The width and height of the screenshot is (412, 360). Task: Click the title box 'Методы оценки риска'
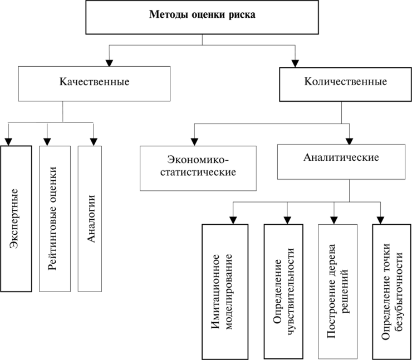point(202,17)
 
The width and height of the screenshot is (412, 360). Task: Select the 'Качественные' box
point(94,83)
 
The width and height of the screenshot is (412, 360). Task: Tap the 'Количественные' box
point(345,84)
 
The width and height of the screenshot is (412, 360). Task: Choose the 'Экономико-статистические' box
point(198,168)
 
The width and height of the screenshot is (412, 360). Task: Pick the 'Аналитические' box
point(341,162)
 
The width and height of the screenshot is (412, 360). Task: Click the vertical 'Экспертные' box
point(16,219)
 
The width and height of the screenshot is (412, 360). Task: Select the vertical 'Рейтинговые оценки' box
point(55,219)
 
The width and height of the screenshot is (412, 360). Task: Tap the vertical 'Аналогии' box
point(90,219)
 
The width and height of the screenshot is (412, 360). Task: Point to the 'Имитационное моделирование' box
point(225,292)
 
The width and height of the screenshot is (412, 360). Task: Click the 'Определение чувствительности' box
point(283,292)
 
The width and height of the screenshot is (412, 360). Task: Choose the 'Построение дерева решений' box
point(337,292)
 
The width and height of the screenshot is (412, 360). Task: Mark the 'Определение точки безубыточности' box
point(391,292)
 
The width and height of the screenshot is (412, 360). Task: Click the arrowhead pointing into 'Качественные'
point(109,63)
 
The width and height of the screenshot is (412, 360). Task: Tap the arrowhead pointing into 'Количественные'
point(295,64)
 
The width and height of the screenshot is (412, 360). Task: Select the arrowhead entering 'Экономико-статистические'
point(194,142)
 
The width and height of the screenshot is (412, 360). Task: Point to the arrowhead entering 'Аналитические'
point(349,141)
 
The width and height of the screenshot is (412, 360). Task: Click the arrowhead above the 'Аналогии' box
point(94,142)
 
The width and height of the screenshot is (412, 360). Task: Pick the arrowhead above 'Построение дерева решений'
point(334,220)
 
